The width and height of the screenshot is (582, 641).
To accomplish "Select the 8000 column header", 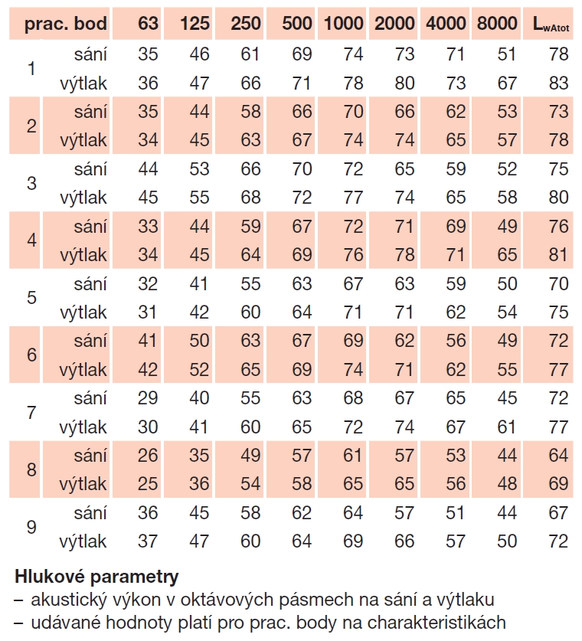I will pyautogui.click(x=496, y=25).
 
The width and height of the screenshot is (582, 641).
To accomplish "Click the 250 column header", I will pyautogui.click(x=246, y=25).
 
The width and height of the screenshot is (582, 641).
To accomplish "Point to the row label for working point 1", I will pyautogui.click(x=31, y=68).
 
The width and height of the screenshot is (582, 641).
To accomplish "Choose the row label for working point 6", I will pyautogui.click(x=31, y=355).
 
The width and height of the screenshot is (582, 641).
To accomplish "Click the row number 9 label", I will pyautogui.click(x=31, y=527).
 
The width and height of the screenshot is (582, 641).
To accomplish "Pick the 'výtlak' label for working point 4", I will pyautogui.click(x=83, y=255).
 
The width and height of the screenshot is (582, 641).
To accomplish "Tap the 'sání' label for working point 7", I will pyautogui.click(x=90, y=398).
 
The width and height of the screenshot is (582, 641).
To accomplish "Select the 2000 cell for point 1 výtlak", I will pyautogui.click(x=404, y=83).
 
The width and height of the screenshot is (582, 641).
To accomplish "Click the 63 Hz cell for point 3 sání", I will pyautogui.click(x=148, y=169).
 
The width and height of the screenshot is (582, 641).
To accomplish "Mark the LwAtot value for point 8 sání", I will pyautogui.click(x=559, y=456).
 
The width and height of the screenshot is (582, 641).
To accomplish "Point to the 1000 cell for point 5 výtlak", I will pyautogui.click(x=353, y=312).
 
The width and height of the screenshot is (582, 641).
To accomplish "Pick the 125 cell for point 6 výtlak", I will pyautogui.click(x=199, y=370).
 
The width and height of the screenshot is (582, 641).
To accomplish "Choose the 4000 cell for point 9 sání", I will pyautogui.click(x=456, y=513).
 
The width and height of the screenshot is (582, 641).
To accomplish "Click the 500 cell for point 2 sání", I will pyautogui.click(x=302, y=112).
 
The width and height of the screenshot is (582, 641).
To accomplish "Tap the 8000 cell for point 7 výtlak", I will pyautogui.click(x=507, y=427).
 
